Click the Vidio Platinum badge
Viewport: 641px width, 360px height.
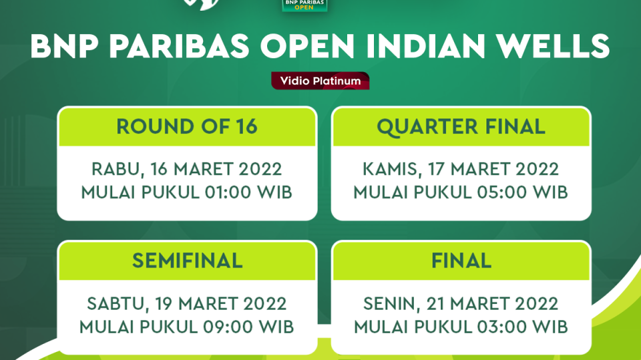pyautogui.click(x=320, y=81)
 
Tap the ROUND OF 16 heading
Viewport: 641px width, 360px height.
pyautogui.click(x=187, y=127)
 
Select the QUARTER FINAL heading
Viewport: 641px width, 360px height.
pyautogui.click(x=461, y=127)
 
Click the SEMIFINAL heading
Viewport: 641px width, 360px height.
pyautogui.click(x=187, y=260)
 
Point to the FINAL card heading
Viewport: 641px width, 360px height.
pyautogui.click(x=461, y=260)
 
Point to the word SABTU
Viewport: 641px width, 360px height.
pyautogui.click(x=112, y=304)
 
